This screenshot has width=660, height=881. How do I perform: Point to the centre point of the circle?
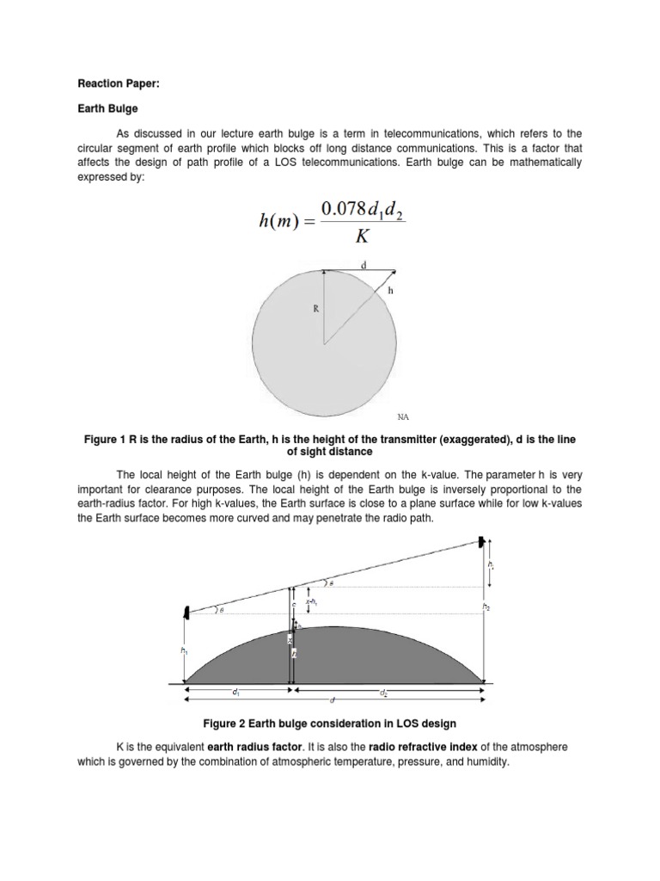pyautogui.click(x=324, y=344)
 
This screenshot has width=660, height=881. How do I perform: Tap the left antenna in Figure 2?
pyautogui.click(x=186, y=612)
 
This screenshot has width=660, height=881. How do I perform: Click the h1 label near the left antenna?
pyautogui.click(x=183, y=651)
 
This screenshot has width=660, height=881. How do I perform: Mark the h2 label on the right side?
pyautogui.click(x=486, y=607)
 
